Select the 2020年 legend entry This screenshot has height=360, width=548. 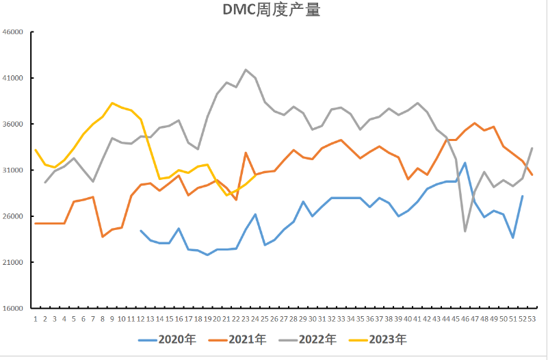pyautogui.click(x=167, y=339)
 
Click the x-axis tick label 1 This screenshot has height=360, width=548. pyautogui.click(x=36, y=318)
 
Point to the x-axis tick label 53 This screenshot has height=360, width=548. pyautogui.click(x=532, y=318)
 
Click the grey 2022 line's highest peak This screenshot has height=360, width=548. pyautogui.click(x=246, y=70)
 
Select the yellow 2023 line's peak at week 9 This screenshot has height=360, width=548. pyautogui.click(x=112, y=103)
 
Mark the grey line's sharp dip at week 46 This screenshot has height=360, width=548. pyautogui.click(x=465, y=231)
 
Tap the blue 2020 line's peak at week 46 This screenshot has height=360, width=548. pyautogui.click(x=465, y=163)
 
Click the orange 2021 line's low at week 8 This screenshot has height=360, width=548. pyautogui.click(x=103, y=237)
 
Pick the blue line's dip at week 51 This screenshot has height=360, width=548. pyautogui.click(x=512, y=237)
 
